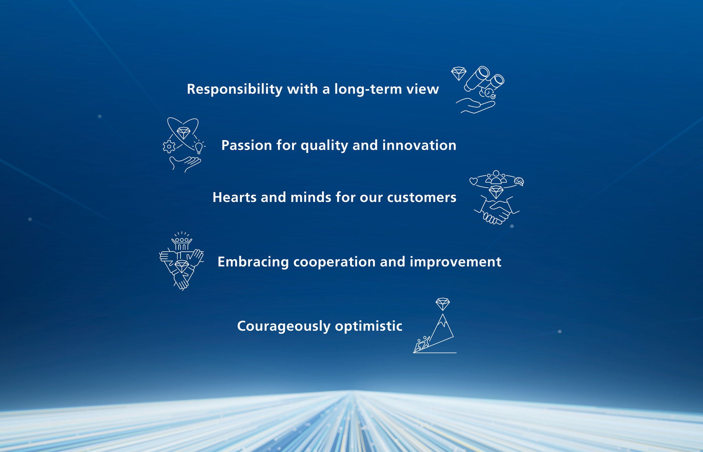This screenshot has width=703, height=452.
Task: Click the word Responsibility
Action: pos(235,89)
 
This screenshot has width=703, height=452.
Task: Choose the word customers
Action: pos(422,197)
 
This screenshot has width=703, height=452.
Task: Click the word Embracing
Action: pos(253,262)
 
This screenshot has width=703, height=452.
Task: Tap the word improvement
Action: pos(456,262)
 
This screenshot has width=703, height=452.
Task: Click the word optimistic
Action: pos(369,326)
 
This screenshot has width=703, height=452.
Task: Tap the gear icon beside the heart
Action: pos(169,147)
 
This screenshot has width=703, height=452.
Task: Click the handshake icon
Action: pos(497,210)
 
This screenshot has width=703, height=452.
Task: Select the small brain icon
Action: pos(519,181)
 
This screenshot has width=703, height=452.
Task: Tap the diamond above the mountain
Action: pos(443,304)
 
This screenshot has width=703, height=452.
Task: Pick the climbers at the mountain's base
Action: pos(422,344)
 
